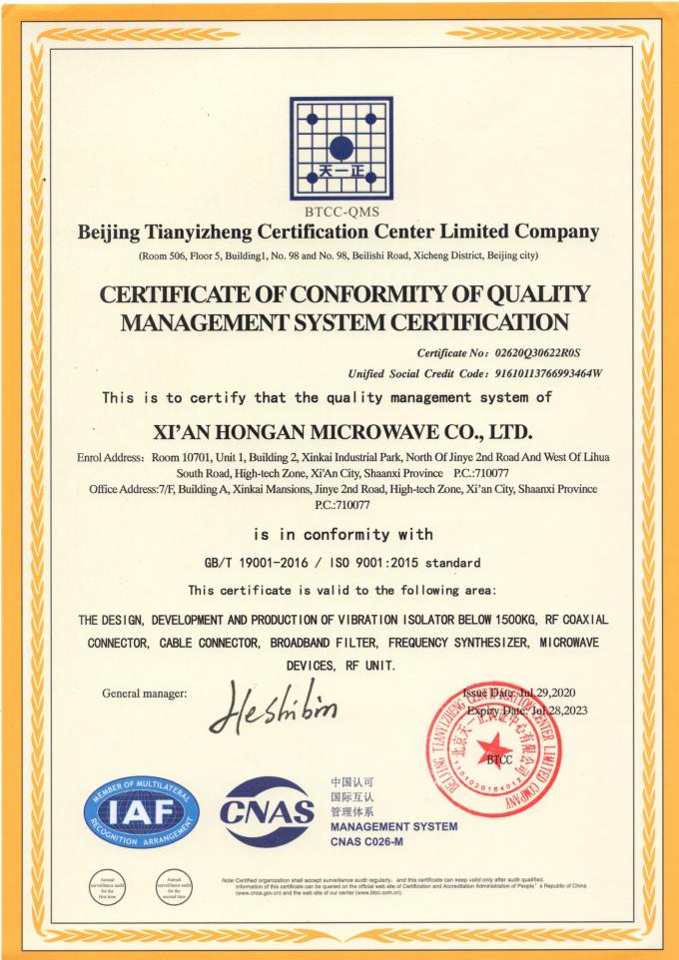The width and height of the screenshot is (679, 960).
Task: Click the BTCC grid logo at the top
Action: click(x=339, y=149)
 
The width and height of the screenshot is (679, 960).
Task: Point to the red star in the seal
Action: click(x=489, y=743)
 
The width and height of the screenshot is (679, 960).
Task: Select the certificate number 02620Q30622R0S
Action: click(x=539, y=352)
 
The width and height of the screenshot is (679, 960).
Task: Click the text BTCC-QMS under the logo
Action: click(x=339, y=212)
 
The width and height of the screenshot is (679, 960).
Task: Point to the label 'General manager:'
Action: click(x=145, y=693)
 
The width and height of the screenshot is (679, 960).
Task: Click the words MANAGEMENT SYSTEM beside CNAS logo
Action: click(x=393, y=826)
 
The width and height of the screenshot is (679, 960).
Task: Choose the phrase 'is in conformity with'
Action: click(x=340, y=534)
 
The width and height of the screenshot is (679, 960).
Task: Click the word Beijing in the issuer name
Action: click(x=114, y=233)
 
